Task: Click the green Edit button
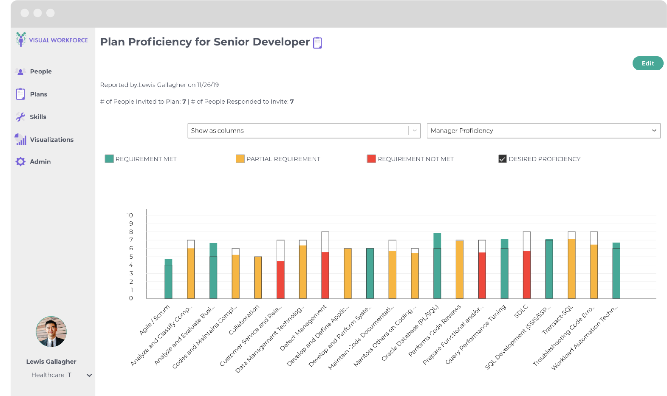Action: [647, 63]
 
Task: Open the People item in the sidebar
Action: [41, 71]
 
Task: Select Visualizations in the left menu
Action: [51, 139]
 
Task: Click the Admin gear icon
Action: [20, 161]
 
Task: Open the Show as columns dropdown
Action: [304, 131]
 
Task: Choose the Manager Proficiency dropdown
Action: [543, 131]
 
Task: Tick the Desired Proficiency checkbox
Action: [503, 159]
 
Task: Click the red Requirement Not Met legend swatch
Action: [371, 159]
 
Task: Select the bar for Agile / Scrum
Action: [168, 280]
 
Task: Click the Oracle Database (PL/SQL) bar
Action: [437, 268]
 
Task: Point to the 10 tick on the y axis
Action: [130, 215]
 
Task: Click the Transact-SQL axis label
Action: [558, 320]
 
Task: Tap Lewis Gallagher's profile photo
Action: [51, 331]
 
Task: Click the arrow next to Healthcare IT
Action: [89, 375]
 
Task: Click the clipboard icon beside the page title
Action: [317, 43]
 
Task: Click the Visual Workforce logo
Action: [51, 40]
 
